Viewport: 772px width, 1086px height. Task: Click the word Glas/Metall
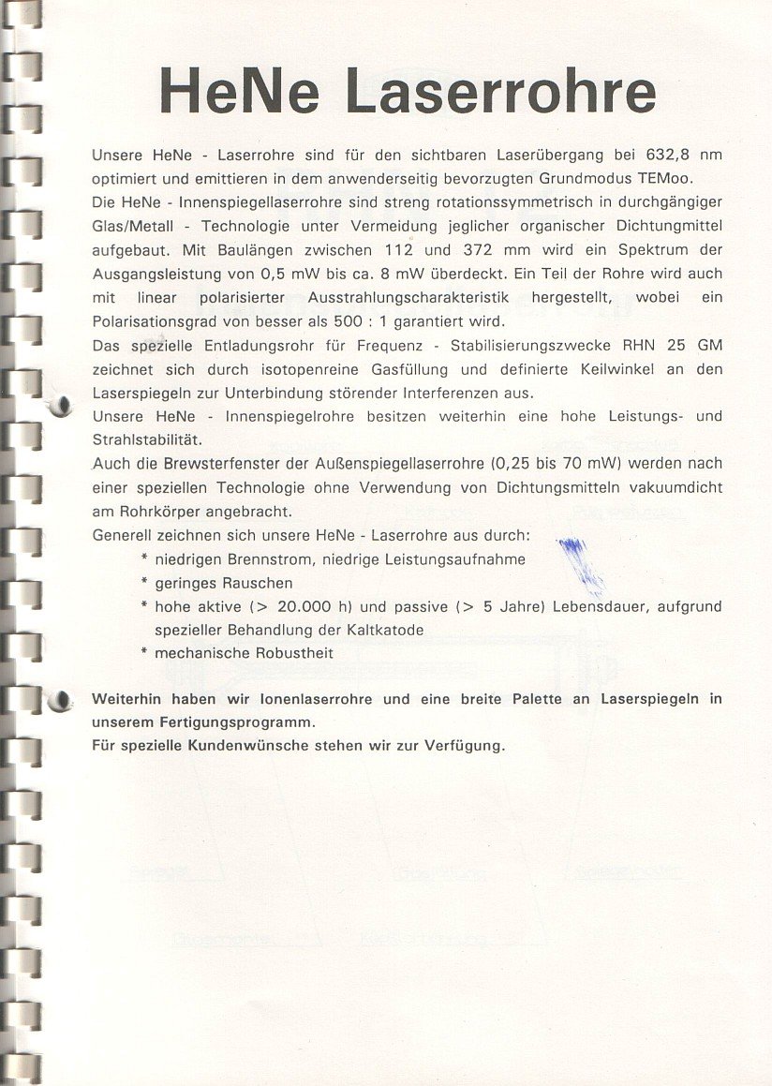[x=132, y=227]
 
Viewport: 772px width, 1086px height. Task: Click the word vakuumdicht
[x=679, y=487]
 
